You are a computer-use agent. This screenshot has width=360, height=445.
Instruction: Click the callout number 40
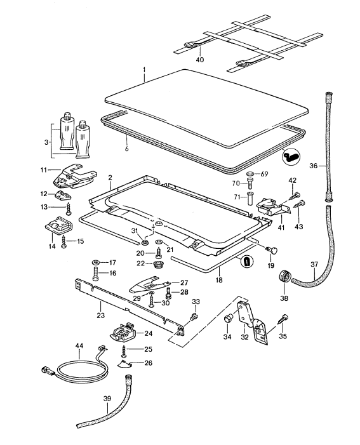point(200,60)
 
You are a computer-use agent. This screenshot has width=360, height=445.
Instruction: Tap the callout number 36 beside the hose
point(314,166)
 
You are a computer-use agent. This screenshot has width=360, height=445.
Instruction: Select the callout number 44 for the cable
point(79,347)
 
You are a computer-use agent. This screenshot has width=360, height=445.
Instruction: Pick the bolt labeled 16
point(96,276)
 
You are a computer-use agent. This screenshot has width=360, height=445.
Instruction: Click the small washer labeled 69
point(250,173)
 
